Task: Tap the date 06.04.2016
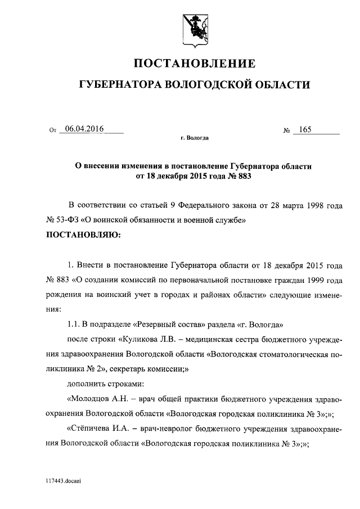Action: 84,129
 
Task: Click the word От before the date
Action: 53,130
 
